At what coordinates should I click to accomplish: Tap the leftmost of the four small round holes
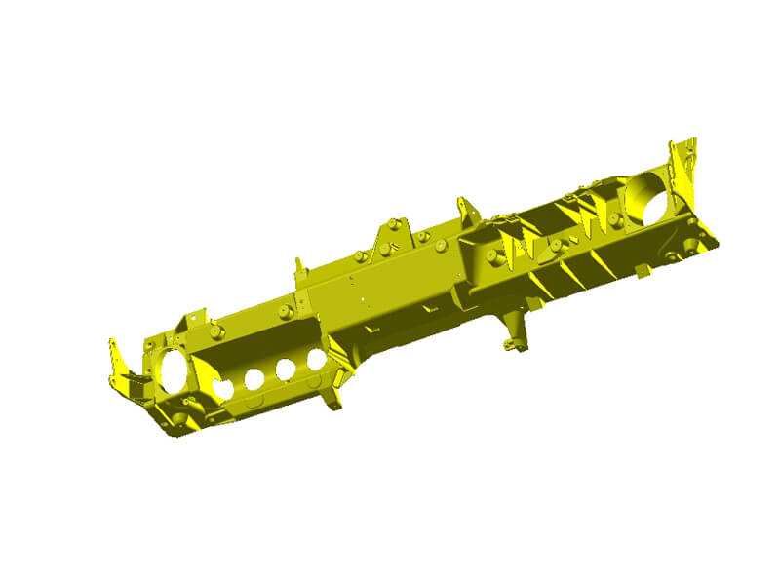pyautogui.click(x=223, y=388)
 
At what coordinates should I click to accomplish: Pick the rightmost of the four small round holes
pyautogui.click(x=316, y=359)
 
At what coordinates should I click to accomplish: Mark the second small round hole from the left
pyautogui.click(x=254, y=378)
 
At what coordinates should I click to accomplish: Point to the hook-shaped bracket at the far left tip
pyautogui.click(x=119, y=366)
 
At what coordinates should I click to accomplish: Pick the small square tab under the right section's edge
pyautogui.click(x=639, y=269)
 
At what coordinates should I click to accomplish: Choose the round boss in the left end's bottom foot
pyautogui.click(x=181, y=419)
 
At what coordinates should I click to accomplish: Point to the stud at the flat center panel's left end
pyautogui.click(x=283, y=312)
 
